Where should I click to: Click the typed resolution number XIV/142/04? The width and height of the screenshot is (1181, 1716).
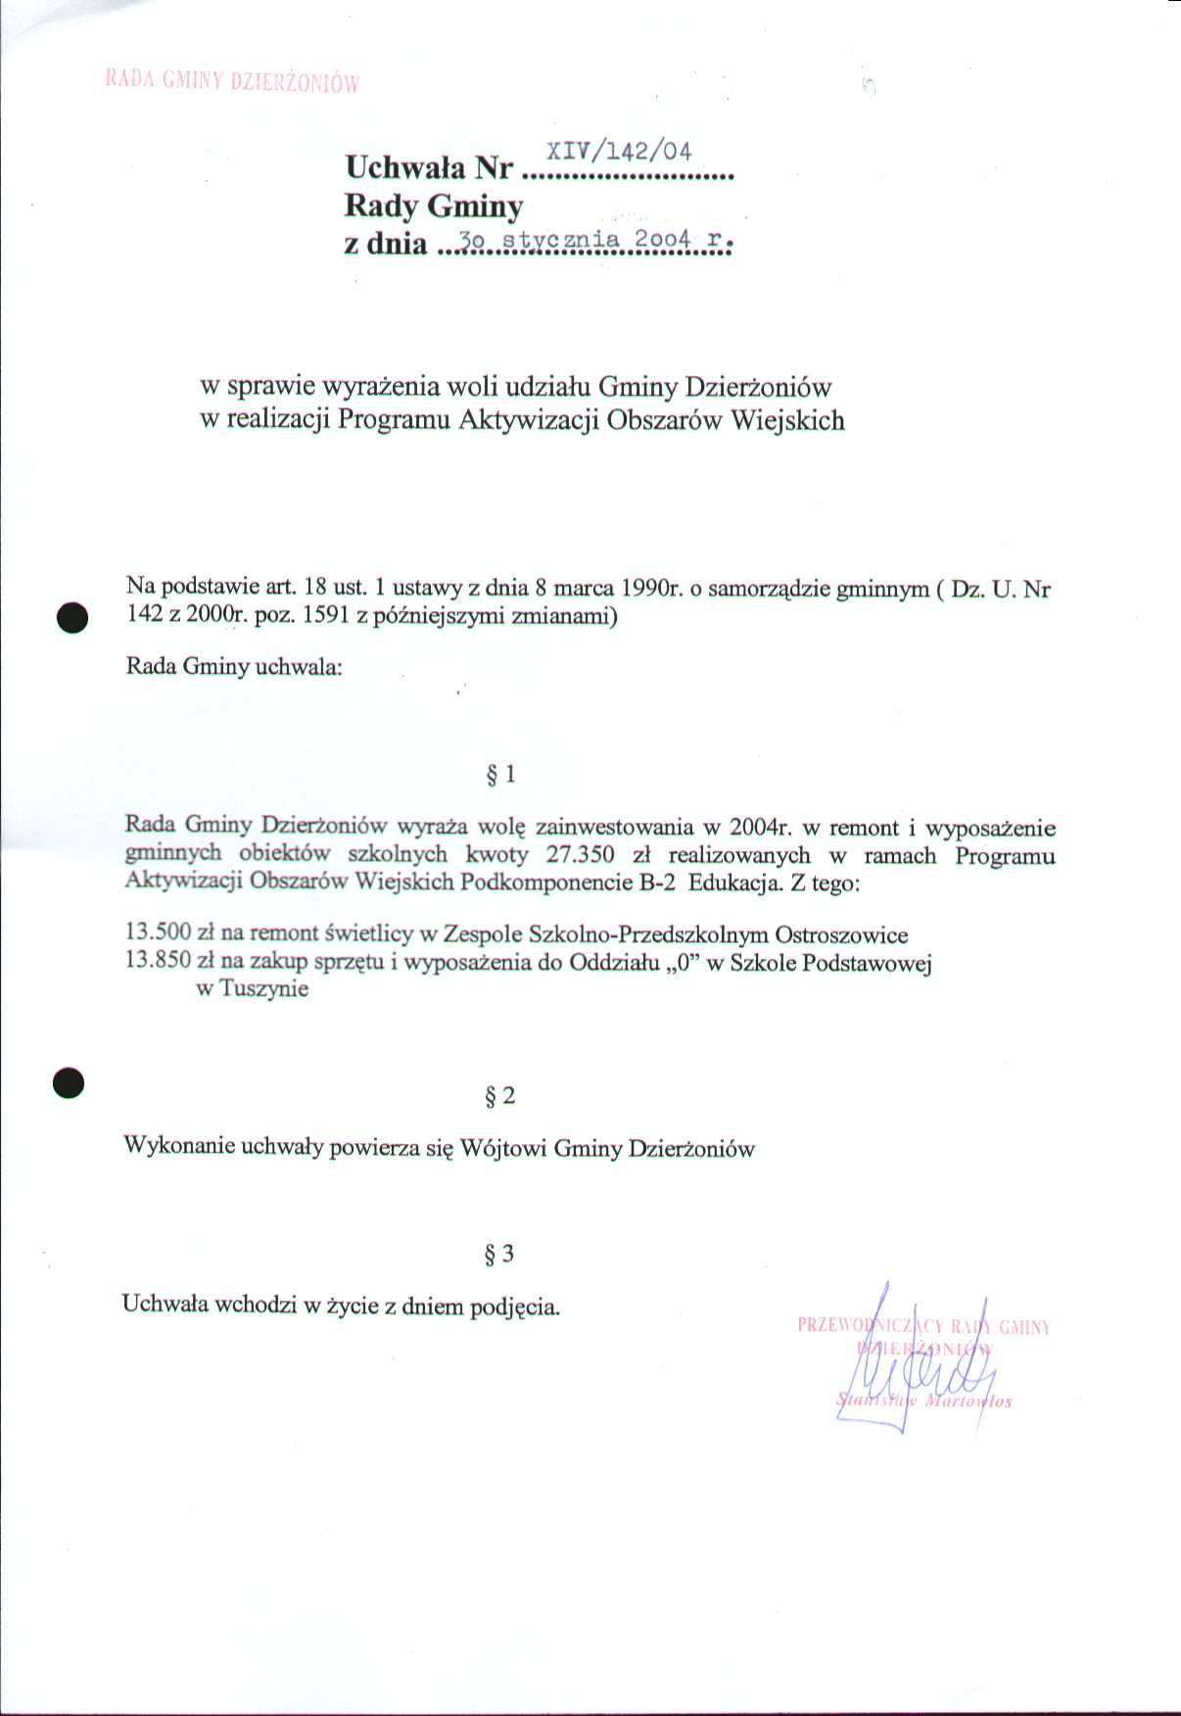point(619,151)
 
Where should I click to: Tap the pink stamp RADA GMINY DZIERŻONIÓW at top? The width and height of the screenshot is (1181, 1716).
point(232,81)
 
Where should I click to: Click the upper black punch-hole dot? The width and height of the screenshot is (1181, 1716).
point(72,618)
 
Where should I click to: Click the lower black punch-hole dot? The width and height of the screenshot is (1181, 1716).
point(69,1082)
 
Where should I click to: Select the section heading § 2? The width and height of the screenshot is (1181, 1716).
point(499,1096)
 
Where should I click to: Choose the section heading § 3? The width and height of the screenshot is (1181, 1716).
point(499,1254)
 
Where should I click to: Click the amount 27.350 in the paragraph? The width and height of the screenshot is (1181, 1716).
point(580,854)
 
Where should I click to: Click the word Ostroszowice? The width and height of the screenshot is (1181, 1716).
point(841,935)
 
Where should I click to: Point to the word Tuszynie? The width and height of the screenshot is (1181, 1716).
point(263,987)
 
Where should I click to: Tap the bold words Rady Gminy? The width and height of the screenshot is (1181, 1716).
point(433,206)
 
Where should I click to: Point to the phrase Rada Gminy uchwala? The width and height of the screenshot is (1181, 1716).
point(234,667)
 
